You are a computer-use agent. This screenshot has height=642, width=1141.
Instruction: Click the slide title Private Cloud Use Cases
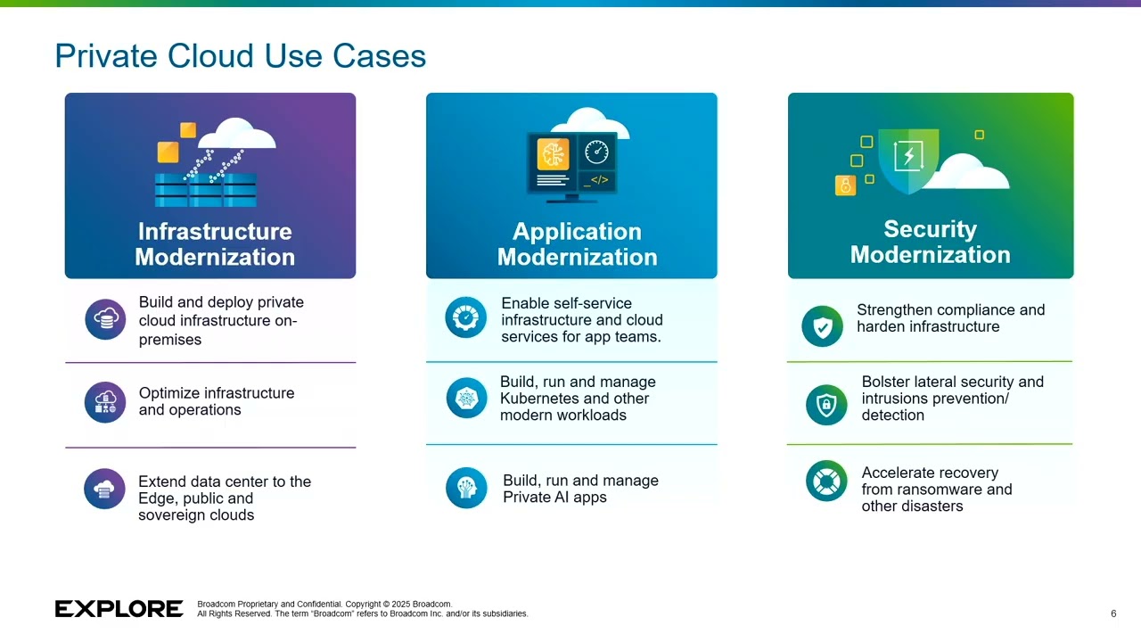[240, 56]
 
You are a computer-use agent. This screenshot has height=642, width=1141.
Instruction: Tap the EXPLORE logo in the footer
[119, 609]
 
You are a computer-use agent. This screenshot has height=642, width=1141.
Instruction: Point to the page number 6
[1113, 613]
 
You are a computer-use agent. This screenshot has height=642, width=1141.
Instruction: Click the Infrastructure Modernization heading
[215, 244]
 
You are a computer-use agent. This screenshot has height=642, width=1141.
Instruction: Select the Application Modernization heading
[577, 244]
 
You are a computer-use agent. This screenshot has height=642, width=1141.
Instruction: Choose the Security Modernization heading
[930, 243]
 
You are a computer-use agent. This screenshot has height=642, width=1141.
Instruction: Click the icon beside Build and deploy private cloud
[105, 319]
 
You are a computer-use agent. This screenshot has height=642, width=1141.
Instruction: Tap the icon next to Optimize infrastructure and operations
[105, 402]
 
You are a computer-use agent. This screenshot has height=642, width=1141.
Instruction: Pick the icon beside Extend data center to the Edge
[105, 489]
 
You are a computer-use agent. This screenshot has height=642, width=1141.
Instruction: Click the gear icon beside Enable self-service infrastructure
[465, 318]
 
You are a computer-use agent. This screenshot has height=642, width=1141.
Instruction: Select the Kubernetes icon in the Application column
[466, 399]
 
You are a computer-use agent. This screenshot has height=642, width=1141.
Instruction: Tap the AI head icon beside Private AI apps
[466, 488]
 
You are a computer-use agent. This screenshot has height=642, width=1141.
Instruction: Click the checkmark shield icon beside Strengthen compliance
[822, 326]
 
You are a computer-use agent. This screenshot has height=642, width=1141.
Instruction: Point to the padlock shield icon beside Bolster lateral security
[826, 405]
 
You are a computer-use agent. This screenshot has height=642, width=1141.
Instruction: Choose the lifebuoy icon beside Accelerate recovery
[826, 481]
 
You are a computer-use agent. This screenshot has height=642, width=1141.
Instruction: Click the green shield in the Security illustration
[907, 160]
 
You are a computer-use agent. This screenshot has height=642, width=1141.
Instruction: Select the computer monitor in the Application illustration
[571, 163]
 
